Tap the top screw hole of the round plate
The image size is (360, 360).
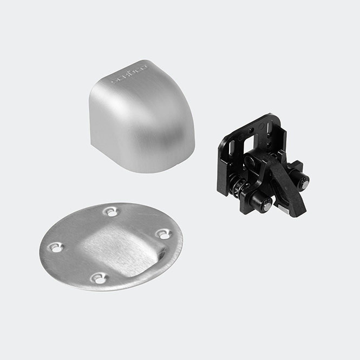[111, 212]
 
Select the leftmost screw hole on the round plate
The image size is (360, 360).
[55, 247]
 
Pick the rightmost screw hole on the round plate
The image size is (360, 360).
[163, 234]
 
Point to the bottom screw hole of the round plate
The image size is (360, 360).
[99, 278]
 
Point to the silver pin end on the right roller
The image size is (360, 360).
[306, 184]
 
